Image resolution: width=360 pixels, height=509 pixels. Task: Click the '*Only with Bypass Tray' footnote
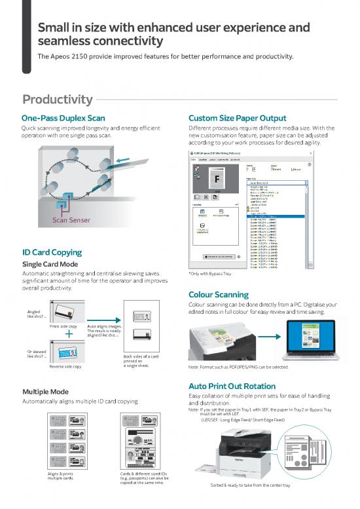point(213,274)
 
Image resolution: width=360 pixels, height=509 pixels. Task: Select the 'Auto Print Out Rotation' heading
point(234,386)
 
